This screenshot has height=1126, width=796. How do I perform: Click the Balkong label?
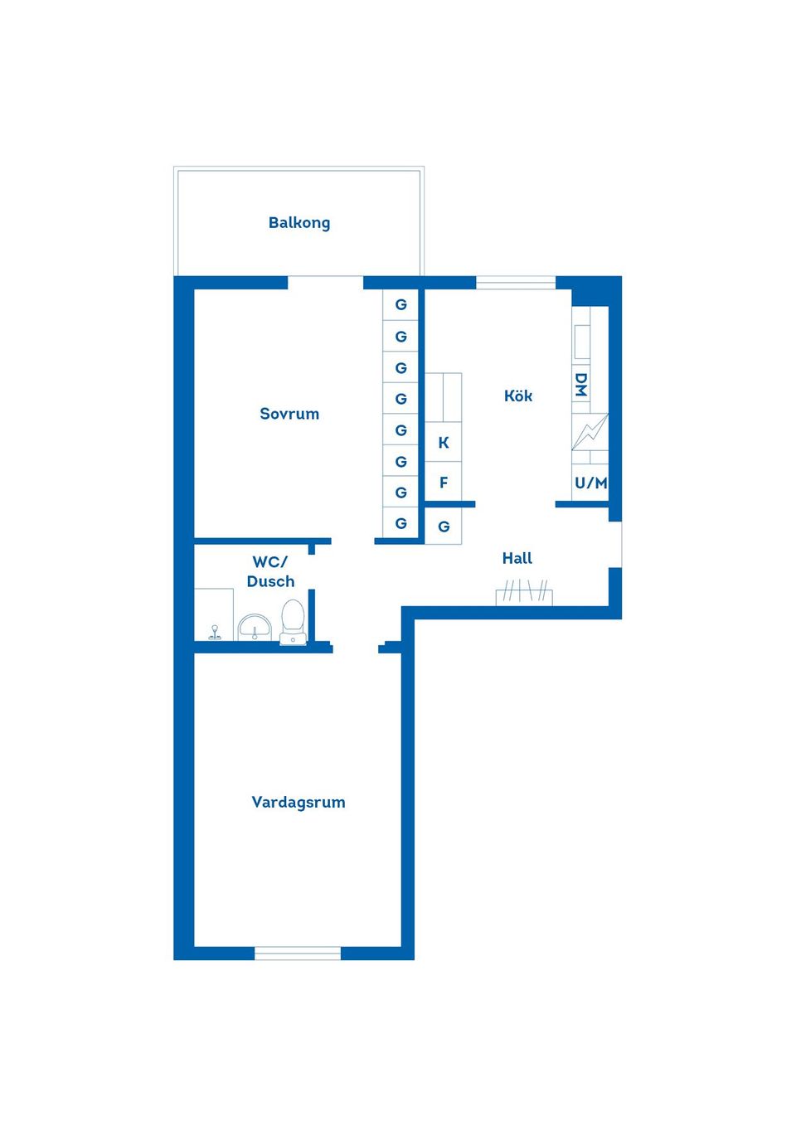[x=299, y=222]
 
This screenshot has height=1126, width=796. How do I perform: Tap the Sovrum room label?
[x=289, y=414]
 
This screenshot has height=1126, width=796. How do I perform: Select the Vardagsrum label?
[x=298, y=802]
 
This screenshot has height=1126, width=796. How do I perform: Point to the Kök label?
[x=518, y=396]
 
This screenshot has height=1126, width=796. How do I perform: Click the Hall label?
[x=517, y=558]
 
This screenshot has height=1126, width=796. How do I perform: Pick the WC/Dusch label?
[x=270, y=571]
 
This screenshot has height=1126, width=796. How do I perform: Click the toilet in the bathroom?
[x=293, y=622]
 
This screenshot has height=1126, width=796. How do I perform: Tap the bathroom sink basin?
[x=255, y=628]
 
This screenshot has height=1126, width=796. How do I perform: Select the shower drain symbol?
[x=215, y=633]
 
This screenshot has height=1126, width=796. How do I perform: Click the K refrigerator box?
[x=444, y=443]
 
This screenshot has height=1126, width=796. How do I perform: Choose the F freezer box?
[x=444, y=483]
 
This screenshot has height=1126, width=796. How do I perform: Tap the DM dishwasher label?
[x=581, y=384]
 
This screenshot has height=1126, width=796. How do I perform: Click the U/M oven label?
[x=590, y=483]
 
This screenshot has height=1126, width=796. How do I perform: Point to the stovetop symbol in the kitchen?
[x=590, y=432]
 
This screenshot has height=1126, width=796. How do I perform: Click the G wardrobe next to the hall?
[x=444, y=527]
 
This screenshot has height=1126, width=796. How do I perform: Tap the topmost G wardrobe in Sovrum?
[x=400, y=304]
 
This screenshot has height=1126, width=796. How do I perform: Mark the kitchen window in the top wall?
[x=516, y=283]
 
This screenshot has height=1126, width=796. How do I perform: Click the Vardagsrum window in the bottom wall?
[x=298, y=954]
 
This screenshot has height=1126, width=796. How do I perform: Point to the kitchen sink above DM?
[x=582, y=341]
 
